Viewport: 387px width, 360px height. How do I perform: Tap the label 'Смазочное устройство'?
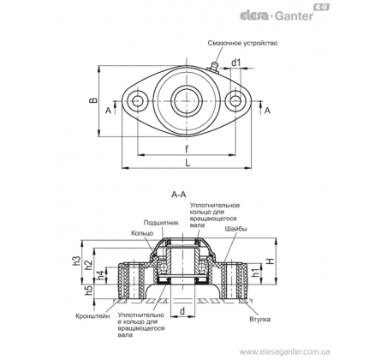[242, 43]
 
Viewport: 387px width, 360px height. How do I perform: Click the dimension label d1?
[236, 63]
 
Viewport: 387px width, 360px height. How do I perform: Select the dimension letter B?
[93, 100]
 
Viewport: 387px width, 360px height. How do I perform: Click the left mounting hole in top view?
[138, 101]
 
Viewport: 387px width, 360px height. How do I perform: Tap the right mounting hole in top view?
[235, 101]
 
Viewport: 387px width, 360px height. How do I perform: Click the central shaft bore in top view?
[187, 101]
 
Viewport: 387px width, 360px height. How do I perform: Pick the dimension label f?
[187, 148]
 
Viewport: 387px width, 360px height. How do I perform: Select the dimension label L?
[188, 163]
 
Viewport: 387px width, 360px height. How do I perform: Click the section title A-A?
[178, 195]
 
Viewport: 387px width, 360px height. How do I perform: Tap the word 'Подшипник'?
[161, 223]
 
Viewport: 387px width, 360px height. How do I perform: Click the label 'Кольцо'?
[142, 233]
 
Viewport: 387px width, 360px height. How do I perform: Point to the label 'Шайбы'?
[235, 229]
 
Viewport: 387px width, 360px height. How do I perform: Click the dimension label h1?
[257, 273]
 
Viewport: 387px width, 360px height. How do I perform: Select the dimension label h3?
[76, 261]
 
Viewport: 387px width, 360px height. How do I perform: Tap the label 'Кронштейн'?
[92, 316]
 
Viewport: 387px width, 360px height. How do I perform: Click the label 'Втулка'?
[259, 319]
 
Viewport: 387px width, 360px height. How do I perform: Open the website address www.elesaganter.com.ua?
[285, 351]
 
